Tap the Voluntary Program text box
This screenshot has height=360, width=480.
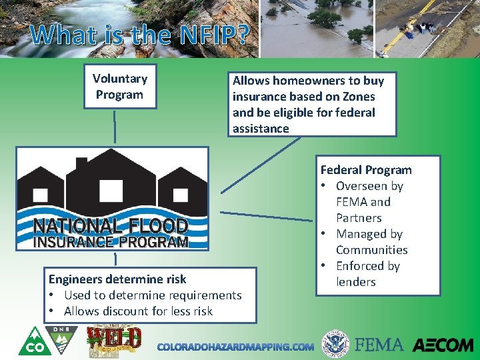tap(119, 87)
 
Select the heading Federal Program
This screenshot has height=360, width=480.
tap(366, 170)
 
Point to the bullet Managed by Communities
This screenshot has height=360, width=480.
tap(371, 242)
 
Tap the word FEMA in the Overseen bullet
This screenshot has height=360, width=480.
tap(353, 202)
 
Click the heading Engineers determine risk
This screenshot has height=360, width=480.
tap(117, 279)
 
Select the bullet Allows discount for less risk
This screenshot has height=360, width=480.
tap(138, 311)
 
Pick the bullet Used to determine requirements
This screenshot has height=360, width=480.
tap(153, 295)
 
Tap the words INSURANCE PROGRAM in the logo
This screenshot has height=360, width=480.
tap(111, 241)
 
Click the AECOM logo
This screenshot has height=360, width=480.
tap(443, 345)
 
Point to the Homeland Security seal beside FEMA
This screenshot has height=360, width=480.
tap(335, 345)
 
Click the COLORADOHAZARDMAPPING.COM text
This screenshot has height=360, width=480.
tap(235, 347)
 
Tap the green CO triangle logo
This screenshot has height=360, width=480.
tap(31, 341)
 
